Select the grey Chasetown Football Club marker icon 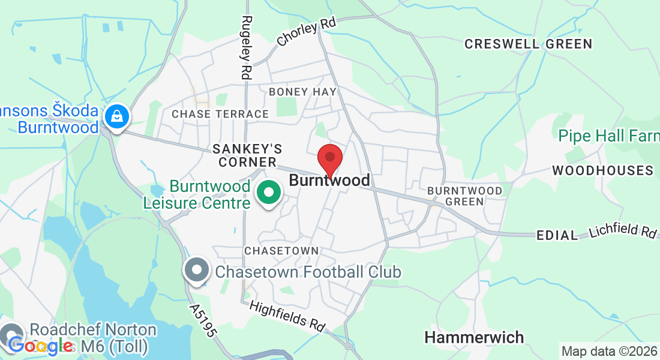click(196, 271)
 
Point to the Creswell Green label click(528, 44)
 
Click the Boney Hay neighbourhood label click(303, 92)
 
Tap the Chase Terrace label click(220, 114)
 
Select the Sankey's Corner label click(247, 155)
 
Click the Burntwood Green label click(464, 196)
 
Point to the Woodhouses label click(602, 170)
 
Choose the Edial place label click(557, 235)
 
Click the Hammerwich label click(474, 337)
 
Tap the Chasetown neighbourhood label click(281, 250)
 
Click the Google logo click(40, 346)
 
